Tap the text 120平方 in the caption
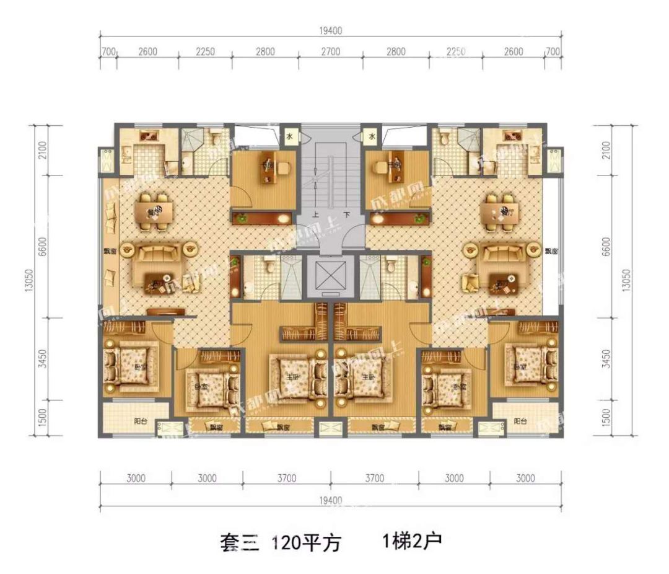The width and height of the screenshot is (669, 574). pyautogui.click(x=306, y=543)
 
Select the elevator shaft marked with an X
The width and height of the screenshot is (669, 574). pyautogui.click(x=331, y=276)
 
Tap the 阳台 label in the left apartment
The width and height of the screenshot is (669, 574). pyautogui.click(x=140, y=420)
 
